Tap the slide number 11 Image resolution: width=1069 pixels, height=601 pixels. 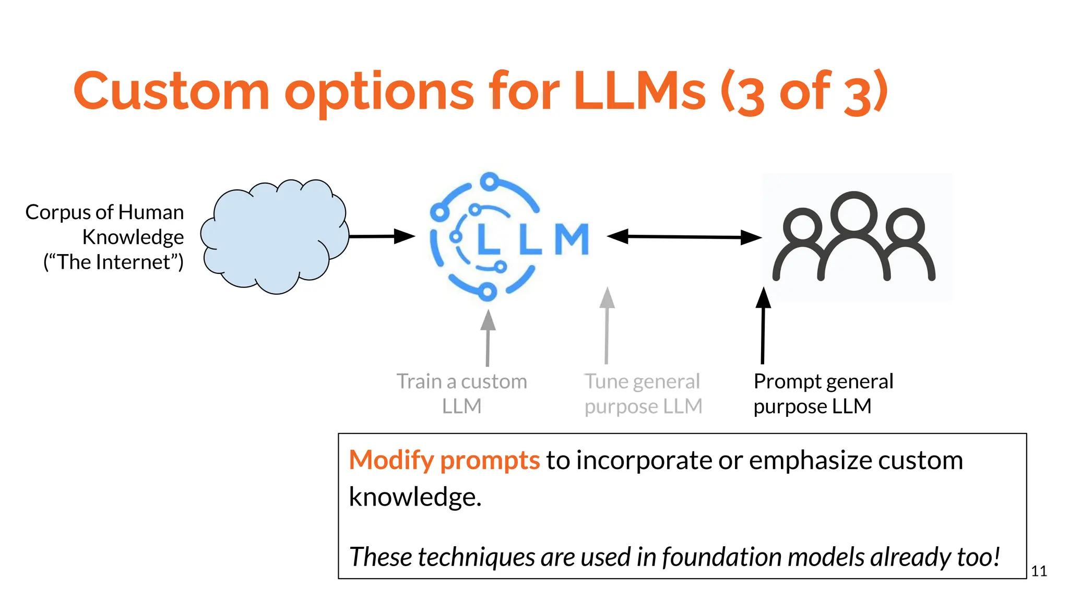point(1039,571)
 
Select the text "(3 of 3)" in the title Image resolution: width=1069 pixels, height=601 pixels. point(804,92)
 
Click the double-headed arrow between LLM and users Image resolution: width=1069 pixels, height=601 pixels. point(684,237)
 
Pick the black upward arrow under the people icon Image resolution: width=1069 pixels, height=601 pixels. point(763,326)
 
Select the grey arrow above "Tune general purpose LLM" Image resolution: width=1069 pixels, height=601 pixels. point(607,326)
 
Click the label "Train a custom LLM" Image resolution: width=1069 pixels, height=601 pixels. point(461,393)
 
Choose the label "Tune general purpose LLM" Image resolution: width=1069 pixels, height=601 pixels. point(643,393)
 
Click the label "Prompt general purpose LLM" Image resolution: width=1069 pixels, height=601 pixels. point(823,393)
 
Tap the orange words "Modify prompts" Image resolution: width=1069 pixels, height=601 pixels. point(444,460)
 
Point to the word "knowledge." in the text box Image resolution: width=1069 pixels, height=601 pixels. point(415,497)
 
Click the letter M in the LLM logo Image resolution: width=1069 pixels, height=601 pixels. point(572,239)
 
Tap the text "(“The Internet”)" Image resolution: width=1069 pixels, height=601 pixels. point(113,262)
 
